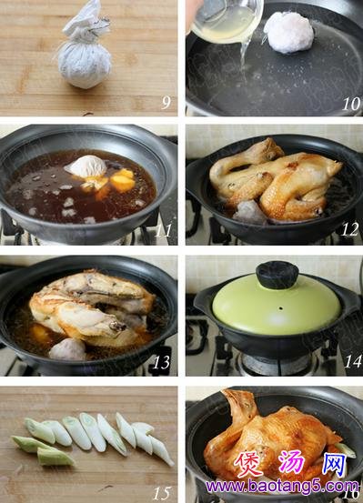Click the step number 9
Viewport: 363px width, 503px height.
point(166,102)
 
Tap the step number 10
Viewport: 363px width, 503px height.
point(351,104)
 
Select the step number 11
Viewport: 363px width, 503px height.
point(163,230)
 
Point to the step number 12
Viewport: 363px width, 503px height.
point(349,229)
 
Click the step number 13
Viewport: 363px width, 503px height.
point(161,362)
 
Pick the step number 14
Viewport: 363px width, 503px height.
point(353,361)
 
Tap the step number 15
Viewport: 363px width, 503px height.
point(161,493)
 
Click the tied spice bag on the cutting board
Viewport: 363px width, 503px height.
point(85,48)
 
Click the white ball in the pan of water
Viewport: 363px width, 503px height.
point(288,32)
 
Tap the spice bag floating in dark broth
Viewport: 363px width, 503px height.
point(86,167)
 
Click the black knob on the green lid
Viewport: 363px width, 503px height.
point(277,275)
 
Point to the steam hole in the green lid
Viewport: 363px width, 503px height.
point(281,308)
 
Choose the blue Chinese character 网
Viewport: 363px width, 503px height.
point(335,464)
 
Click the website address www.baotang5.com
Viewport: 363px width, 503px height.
point(282,487)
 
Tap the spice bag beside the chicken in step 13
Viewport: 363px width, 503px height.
point(67,348)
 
